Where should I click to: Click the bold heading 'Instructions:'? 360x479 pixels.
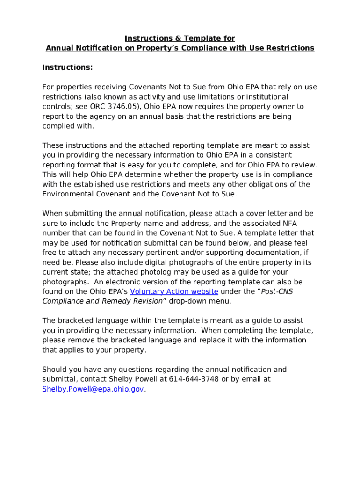coord(67,68)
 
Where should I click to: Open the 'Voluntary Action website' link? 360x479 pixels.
coord(174,291)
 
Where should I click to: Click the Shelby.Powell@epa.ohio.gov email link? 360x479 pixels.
coord(93,389)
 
